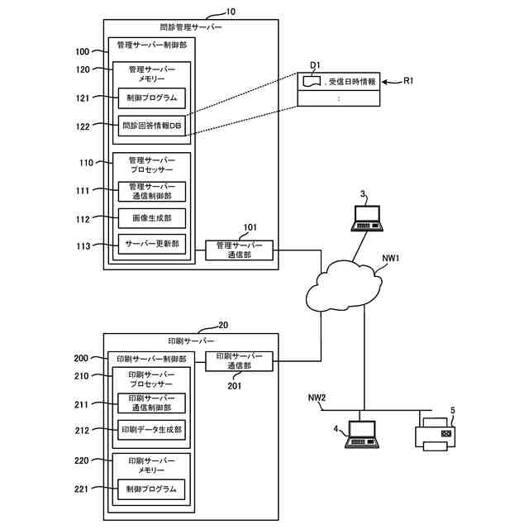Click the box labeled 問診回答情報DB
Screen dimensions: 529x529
[151, 126]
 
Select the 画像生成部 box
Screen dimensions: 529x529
[151, 218]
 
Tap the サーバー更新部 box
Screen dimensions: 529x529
[151, 245]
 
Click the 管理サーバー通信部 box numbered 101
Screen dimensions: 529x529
[239, 250]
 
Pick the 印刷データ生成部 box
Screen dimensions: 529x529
[151, 430]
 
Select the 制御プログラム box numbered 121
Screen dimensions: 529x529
[151, 98]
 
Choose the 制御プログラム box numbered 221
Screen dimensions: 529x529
[151, 489]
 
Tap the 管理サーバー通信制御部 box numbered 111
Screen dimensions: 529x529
[151, 191]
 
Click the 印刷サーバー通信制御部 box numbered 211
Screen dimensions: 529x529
[151, 403]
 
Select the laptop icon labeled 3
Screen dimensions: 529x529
[365, 217]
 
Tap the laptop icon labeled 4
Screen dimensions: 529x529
[360, 435]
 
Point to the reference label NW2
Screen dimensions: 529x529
[317, 398]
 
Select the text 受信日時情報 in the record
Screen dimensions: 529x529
[351, 82]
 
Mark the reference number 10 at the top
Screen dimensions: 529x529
[231, 12]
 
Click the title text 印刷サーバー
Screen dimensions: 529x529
[191, 341]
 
